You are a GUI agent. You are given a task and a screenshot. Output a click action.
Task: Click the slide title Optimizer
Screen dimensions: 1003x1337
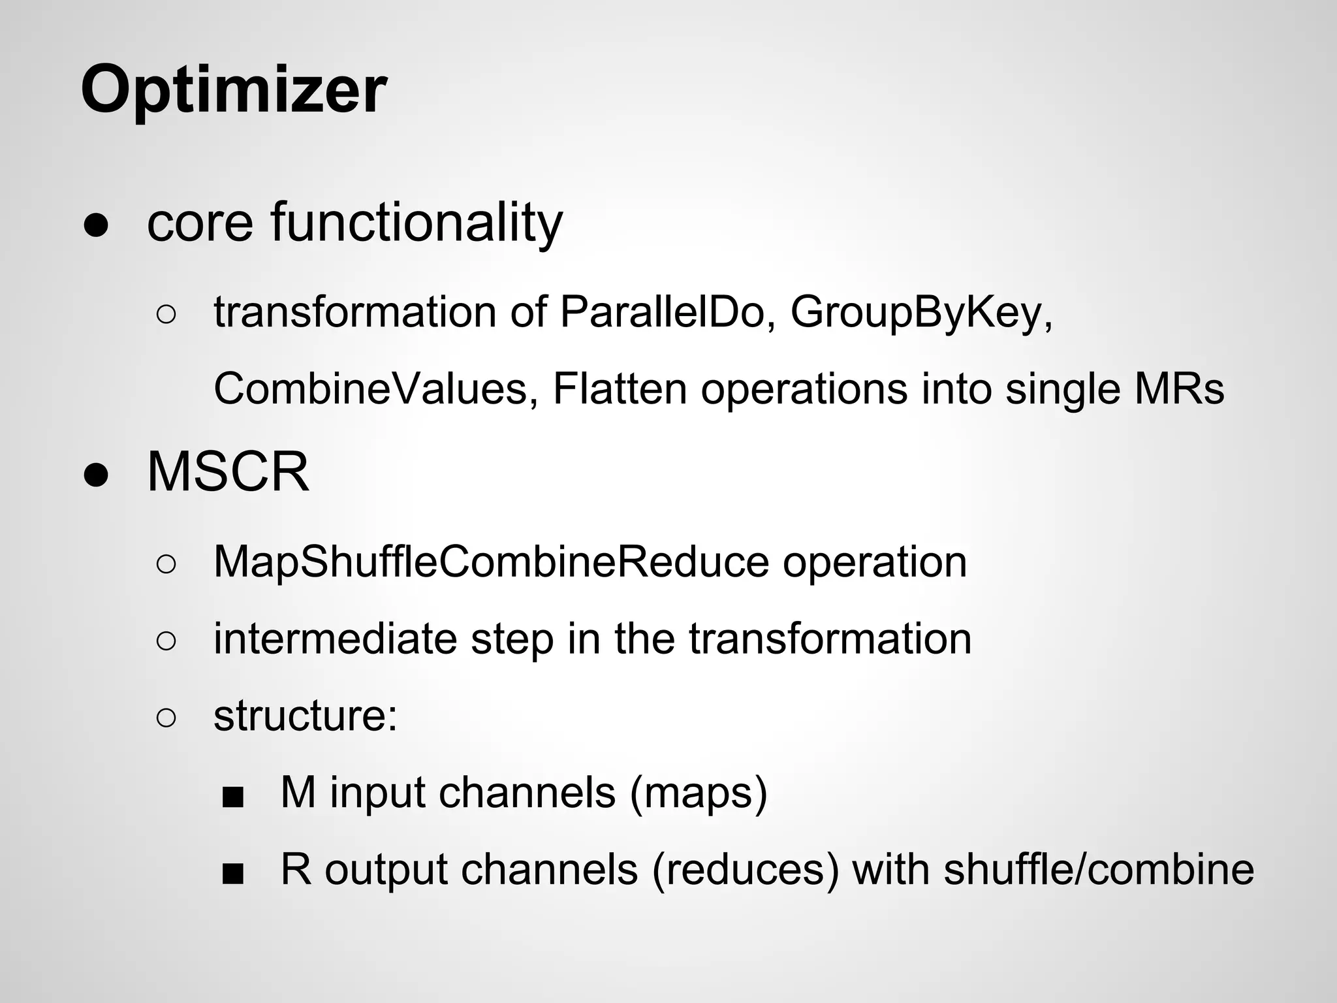click(x=234, y=89)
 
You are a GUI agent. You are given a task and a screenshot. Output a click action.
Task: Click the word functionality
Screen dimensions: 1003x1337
click(x=417, y=223)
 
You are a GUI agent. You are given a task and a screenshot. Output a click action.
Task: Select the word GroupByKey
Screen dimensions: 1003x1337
click(x=921, y=312)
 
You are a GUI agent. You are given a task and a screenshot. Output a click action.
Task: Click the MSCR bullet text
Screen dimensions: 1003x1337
click(x=228, y=471)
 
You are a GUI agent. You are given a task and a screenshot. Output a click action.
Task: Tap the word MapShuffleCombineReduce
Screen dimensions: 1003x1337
click(x=491, y=562)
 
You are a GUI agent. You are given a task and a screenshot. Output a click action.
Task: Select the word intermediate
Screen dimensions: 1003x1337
click(x=335, y=639)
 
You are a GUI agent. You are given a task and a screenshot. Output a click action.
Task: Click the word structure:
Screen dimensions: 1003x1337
click(x=306, y=716)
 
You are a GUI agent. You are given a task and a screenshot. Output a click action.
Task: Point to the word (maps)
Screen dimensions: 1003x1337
click(x=699, y=793)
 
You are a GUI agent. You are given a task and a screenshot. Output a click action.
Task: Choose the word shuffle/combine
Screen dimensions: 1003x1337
click(x=1098, y=870)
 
